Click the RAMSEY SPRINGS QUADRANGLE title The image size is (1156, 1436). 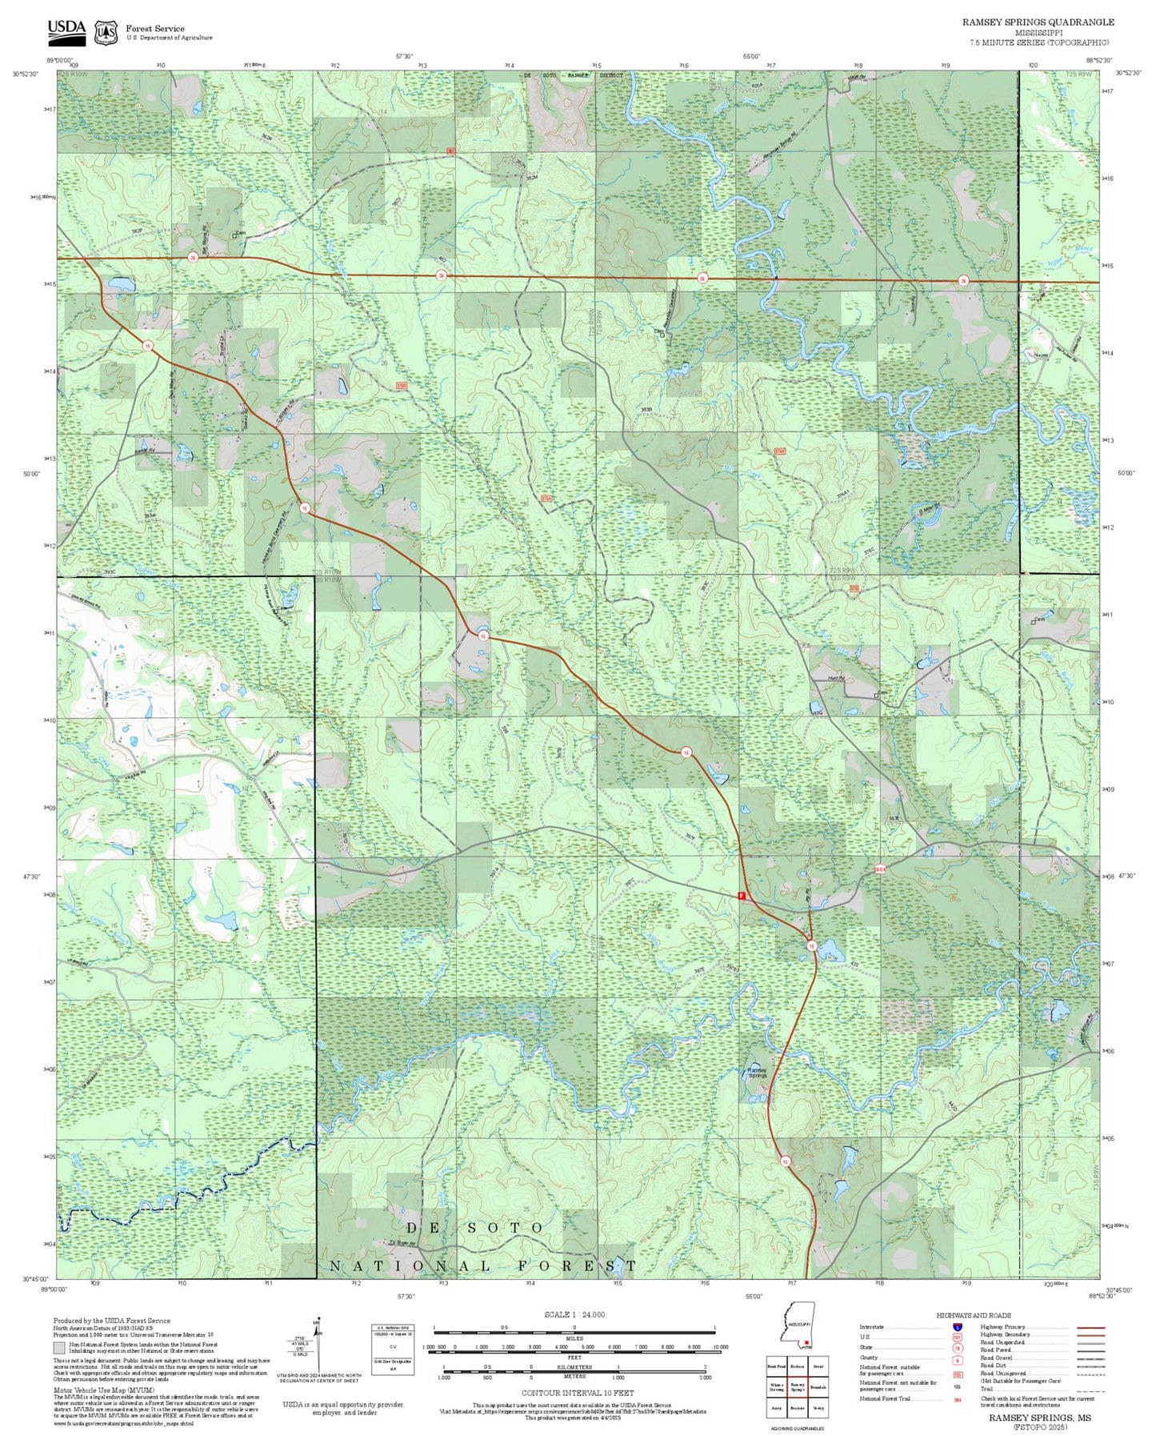click(1038, 22)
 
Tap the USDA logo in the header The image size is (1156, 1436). click(66, 30)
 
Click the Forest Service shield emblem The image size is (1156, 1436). click(106, 33)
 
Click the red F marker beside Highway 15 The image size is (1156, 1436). click(742, 896)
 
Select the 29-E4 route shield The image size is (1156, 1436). click(879, 869)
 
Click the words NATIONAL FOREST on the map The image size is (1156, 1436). click(483, 1266)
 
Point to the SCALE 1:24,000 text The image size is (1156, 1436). click(574, 1314)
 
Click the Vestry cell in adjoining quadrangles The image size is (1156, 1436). click(818, 1408)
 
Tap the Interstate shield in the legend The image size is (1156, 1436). click(957, 1327)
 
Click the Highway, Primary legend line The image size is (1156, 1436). click(1090, 1327)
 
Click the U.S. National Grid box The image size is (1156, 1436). click(393, 1350)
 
